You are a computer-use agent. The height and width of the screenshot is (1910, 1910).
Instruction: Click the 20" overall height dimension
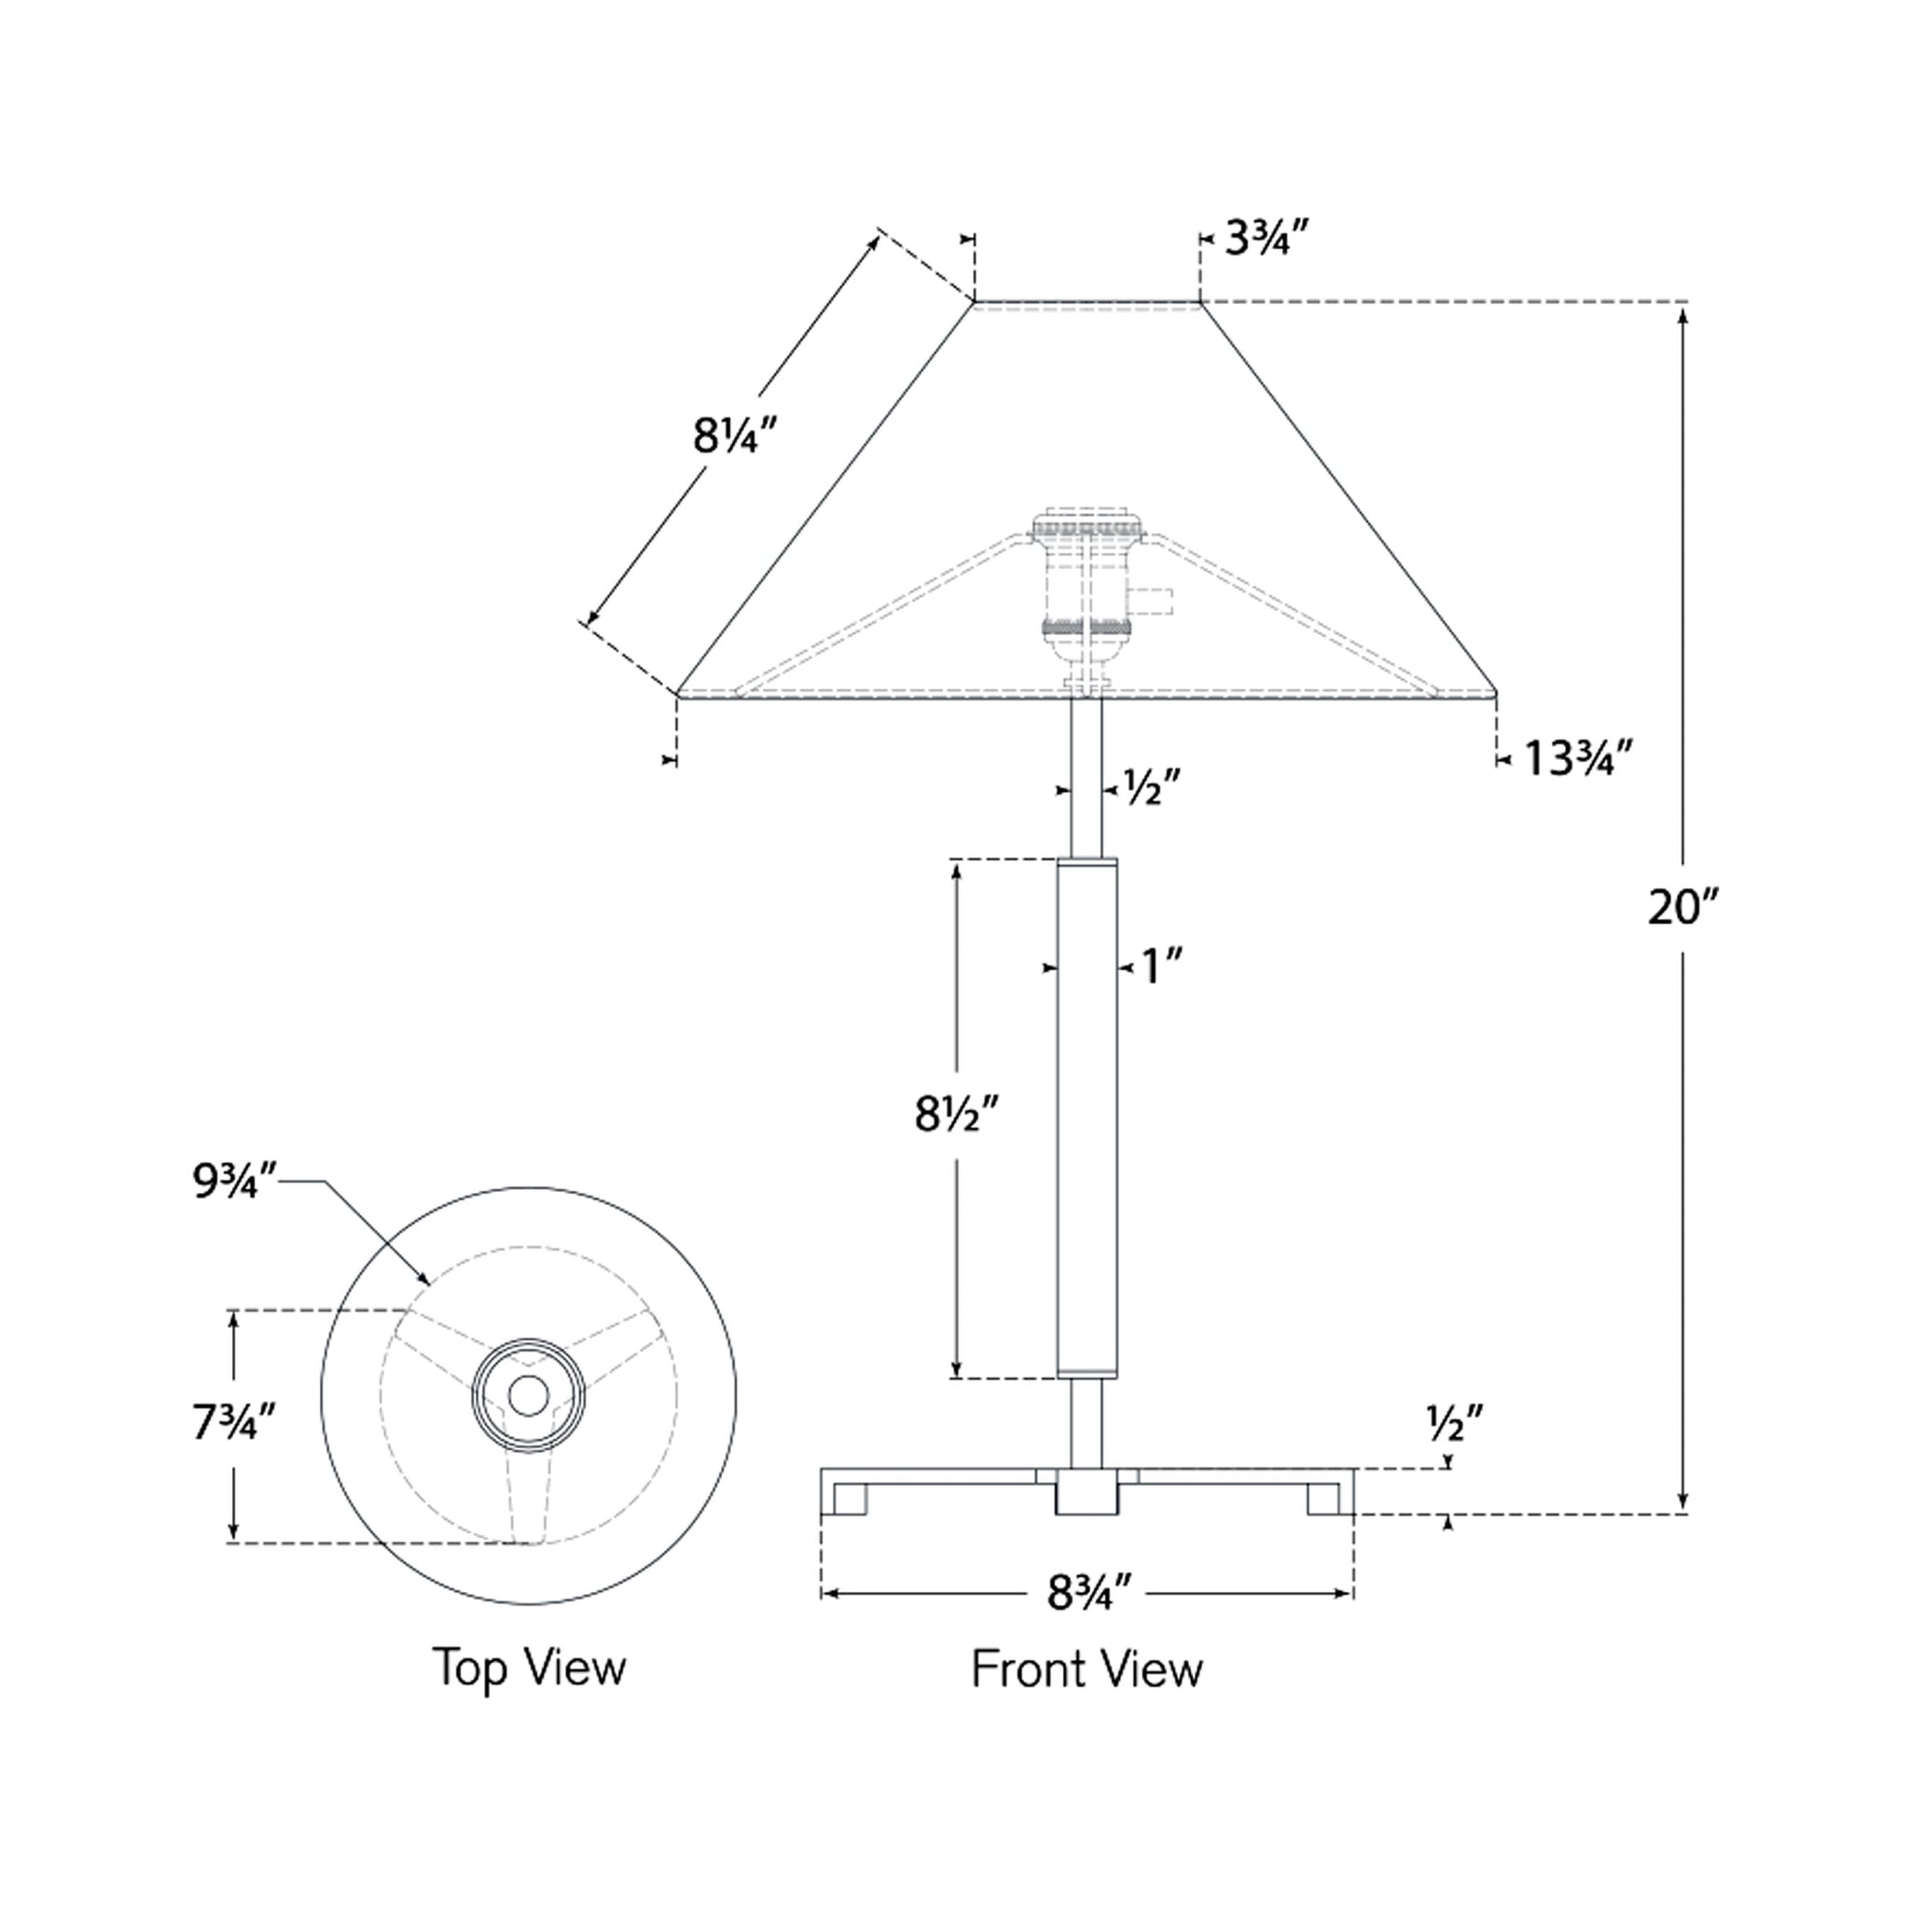[1683, 907]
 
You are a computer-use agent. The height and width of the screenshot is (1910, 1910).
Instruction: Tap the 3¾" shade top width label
[1268, 240]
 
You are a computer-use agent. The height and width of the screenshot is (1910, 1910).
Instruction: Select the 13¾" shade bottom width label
[1576, 758]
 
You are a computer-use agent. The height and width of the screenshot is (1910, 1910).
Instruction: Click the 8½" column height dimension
[957, 1115]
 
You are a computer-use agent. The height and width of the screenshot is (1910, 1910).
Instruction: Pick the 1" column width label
[1163, 967]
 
